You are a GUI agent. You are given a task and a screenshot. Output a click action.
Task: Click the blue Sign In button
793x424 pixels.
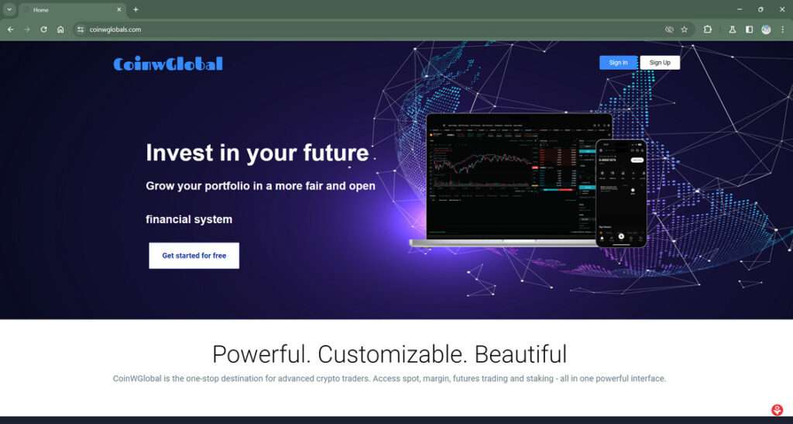(x=618, y=63)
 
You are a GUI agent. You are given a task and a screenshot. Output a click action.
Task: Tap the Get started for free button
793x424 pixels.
(x=194, y=255)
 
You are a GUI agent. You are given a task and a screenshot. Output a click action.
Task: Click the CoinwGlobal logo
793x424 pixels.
(x=168, y=64)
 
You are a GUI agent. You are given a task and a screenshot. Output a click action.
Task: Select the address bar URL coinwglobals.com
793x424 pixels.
(x=115, y=29)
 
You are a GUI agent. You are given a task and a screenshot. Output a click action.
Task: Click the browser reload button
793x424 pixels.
(x=43, y=29)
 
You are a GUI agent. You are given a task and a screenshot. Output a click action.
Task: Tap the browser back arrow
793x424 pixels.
(x=10, y=29)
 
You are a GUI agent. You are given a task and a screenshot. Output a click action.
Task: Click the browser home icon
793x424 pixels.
(x=60, y=29)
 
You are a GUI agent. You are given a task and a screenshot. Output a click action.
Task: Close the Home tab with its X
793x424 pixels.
(x=119, y=9)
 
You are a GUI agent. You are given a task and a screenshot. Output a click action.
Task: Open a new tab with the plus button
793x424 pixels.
(x=136, y=9)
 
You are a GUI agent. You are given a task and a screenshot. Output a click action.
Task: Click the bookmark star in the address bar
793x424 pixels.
(x=684, y=29)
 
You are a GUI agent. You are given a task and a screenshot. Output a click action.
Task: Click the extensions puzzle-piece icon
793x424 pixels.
(x=708, y=29)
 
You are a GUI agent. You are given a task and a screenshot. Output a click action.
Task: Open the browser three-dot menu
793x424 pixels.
(x=782, y=29)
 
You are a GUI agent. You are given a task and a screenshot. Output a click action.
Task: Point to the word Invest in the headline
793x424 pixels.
(x=178, y=153)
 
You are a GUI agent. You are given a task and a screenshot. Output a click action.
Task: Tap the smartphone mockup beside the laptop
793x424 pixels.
(x=621, y=193)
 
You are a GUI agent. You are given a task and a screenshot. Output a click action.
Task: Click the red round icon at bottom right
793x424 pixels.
(x=778, y=410)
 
